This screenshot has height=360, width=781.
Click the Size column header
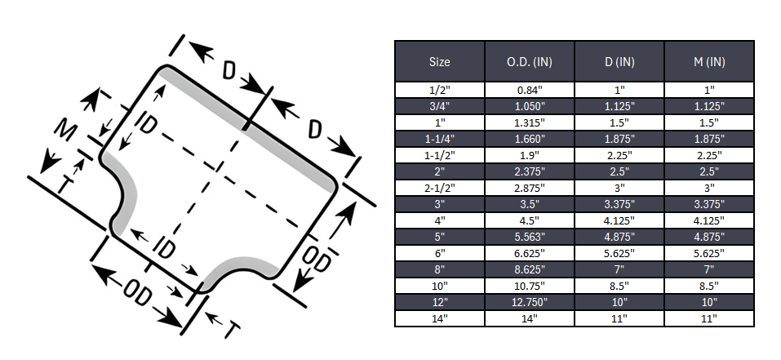(439, 62)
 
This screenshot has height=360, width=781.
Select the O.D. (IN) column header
(530, 62)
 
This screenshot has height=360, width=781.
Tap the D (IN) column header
(619, 62)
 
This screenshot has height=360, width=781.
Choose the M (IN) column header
(708, 62)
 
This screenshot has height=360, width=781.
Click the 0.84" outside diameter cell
(530, 90)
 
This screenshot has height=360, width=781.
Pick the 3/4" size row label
(439, 106)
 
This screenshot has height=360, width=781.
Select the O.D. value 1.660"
(530, 139)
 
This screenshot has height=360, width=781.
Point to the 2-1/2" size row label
(439, 188)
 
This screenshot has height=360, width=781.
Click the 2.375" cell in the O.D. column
(530, 171)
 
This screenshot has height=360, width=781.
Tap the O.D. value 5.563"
(530, 237)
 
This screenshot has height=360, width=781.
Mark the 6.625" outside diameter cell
(530, 253)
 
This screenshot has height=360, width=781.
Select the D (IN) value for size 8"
(619, 269)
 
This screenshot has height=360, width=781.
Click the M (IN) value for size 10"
(708, 286)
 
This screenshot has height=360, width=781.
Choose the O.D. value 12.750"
(530, 302)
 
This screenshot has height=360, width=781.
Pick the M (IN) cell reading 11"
(708, 318)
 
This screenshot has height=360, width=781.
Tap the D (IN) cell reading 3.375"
(619, 204)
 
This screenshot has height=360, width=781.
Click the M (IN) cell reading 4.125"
(708, 220)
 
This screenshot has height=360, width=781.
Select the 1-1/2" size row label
(439, 155)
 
